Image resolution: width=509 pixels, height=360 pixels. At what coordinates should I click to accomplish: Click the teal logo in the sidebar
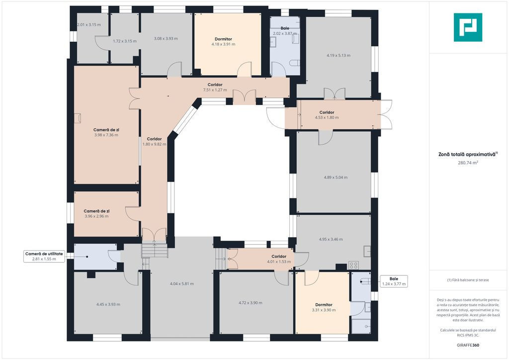(468, 27)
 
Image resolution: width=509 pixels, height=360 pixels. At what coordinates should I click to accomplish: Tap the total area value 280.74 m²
(468, 163)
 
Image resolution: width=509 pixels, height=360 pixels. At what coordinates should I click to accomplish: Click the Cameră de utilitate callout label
(44, 256)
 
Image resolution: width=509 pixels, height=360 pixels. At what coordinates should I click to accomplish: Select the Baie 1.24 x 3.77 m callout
(394, 281)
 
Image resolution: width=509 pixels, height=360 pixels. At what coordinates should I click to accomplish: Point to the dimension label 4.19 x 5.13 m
(338, 56)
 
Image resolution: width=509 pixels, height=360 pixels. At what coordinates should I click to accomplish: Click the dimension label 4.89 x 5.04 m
(336, 178)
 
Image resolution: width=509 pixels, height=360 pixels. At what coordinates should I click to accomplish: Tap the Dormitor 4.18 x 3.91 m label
(223, 42)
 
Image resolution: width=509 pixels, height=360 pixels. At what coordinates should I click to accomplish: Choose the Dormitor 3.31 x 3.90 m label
(324, 307)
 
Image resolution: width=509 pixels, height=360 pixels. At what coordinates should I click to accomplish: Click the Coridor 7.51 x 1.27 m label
(215, 88)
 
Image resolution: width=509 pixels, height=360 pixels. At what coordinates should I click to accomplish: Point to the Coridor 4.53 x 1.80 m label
(327, 115)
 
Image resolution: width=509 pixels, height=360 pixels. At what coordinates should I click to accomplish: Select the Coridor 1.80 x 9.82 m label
(154, 142)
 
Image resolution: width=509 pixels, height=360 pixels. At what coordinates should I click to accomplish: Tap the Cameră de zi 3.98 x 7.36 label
(106, 132)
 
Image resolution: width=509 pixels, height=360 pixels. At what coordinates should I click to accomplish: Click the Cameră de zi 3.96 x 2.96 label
(96, 214)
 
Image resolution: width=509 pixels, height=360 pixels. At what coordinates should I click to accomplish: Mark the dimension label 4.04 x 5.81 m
(182, 284)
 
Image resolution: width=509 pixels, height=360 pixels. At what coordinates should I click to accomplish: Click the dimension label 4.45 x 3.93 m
(108, 304)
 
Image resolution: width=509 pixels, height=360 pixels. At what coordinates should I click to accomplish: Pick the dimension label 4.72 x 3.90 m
(251, 303)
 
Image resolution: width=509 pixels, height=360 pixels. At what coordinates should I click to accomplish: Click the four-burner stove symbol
(353, 266)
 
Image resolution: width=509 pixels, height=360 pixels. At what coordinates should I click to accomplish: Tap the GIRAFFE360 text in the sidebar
(468, 345)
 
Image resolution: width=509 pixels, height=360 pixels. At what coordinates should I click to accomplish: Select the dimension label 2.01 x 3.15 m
(89, 25)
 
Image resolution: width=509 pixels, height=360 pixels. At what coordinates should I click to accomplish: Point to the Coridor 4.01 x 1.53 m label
(279, 259)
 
